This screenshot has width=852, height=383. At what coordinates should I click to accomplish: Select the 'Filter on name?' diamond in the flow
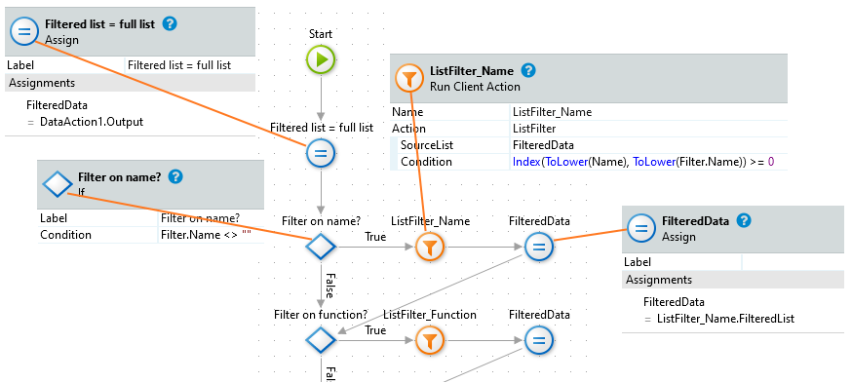(x=321, y=248)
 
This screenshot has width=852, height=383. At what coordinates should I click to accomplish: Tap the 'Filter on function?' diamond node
(x=321, y=341)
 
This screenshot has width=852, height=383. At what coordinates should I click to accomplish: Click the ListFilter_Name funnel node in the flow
(x=430, y=248)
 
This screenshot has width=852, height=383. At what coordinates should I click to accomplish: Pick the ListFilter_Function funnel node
(x=430, y=341)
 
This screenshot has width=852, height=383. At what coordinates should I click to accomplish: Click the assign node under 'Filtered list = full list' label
(x=321, y=153)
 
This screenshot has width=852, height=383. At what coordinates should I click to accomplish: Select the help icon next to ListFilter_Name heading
(x=528, y=70)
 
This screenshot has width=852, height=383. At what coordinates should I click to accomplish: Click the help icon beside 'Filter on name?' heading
(x=175, y=176)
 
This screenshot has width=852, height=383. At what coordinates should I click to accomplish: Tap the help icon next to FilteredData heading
(x=744, y=220)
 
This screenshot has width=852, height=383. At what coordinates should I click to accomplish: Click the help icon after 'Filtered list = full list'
(x=170, y=24)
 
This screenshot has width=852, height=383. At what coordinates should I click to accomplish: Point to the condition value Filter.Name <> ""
(x=206, y=235)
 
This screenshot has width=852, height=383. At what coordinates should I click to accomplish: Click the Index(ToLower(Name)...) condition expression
(x=643, y=162)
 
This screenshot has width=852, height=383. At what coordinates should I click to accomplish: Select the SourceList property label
(x=427, y=145)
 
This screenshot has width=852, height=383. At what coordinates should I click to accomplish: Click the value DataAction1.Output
(x=92, y=122)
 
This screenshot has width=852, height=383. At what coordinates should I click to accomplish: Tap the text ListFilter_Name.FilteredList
(x=725, y=319)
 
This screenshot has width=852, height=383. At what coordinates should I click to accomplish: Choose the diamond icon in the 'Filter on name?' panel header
(x=58, y=185)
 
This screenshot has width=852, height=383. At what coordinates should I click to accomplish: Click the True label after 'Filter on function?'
(x=375, y=330)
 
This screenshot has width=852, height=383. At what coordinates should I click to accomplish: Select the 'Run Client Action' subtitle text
(x=475, y=87)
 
